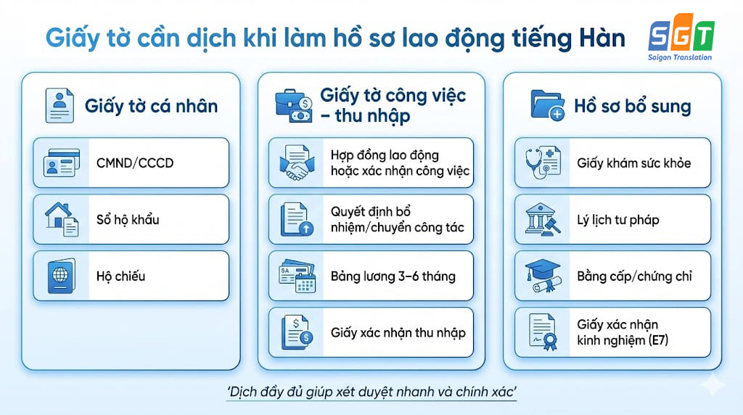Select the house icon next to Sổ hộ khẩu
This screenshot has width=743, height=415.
(62, 219)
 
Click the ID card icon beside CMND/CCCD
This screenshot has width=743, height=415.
(62, 163)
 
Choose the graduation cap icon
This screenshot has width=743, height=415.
(541, 276)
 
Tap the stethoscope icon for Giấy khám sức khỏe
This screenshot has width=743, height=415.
(541, 163)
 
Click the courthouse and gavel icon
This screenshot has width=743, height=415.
(541, 220)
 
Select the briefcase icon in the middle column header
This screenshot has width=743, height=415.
(293, 105)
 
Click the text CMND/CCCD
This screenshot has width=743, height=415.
(135, 163)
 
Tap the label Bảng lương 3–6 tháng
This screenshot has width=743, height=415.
(393, 276)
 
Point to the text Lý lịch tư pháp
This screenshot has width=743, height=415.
(618, 220)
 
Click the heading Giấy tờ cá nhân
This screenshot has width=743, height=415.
(151, 106)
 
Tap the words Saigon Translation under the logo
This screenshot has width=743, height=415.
(680, 57)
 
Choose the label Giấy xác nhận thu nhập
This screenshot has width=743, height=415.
(398, 333)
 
